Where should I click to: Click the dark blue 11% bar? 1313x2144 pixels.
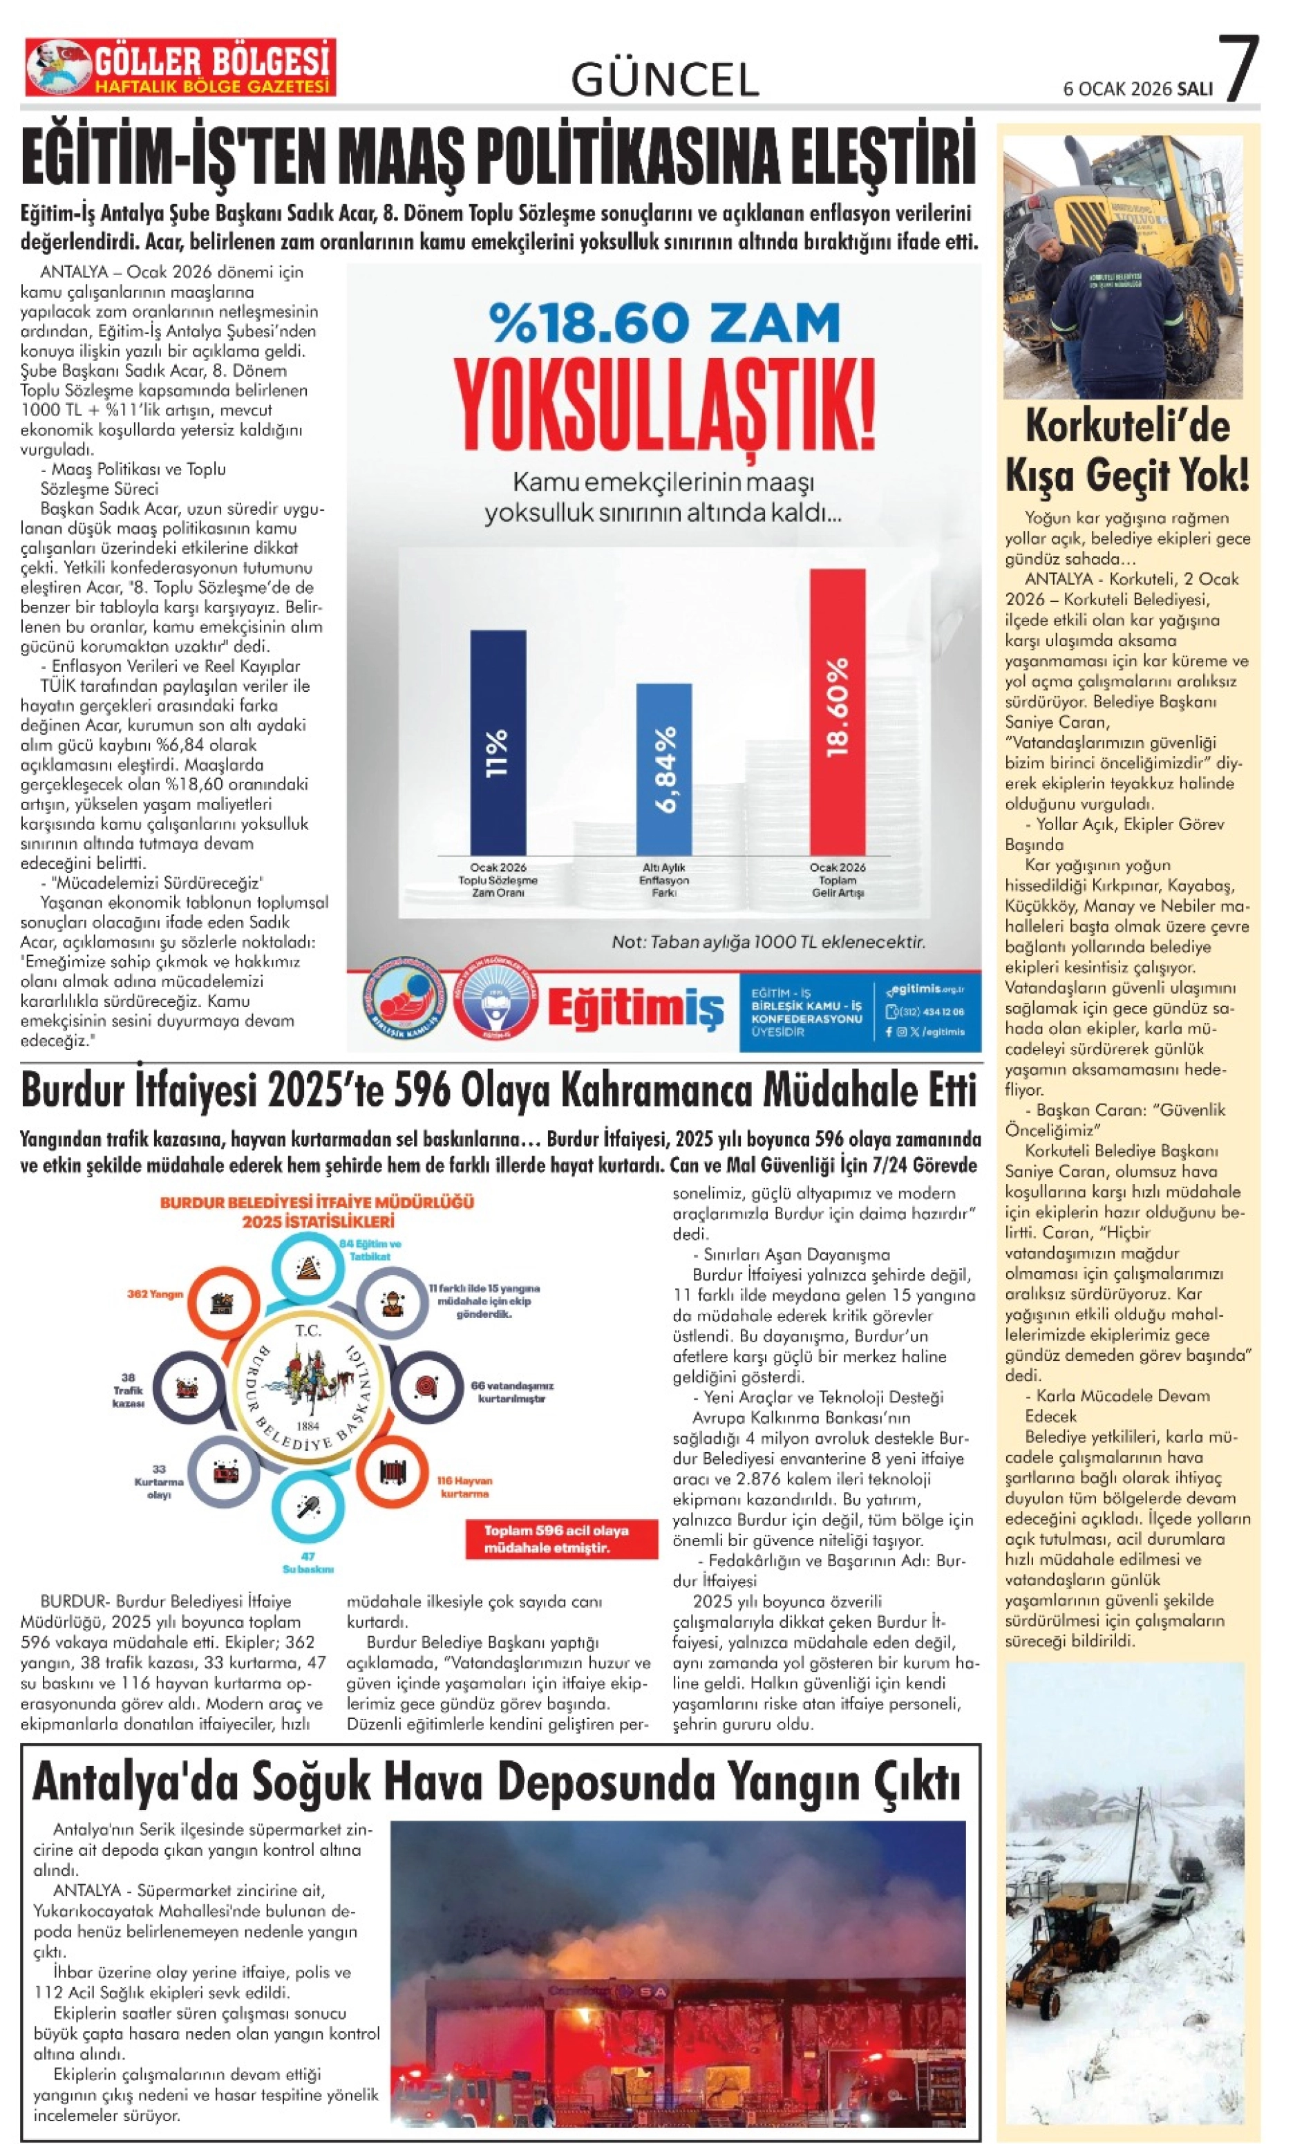498,742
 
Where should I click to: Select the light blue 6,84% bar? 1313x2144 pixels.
664,769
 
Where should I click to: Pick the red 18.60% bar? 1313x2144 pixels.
837,712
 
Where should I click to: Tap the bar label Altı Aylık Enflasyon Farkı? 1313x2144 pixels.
665,880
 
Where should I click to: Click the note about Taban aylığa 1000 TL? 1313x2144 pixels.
768,942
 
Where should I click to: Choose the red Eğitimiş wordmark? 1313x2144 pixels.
635,1009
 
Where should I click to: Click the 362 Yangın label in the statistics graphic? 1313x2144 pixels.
155,1294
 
